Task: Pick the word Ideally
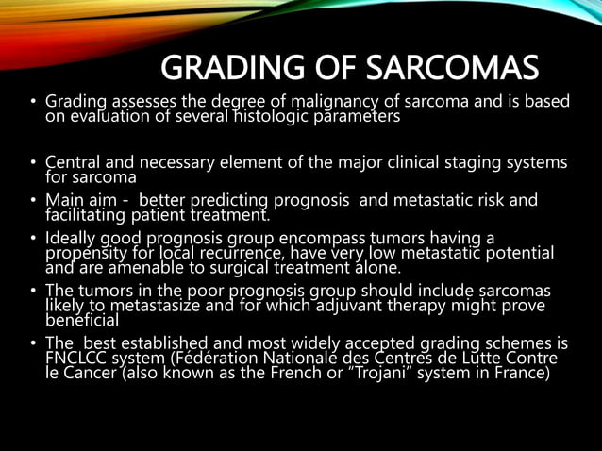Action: coord(72,238)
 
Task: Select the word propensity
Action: coord(89,253)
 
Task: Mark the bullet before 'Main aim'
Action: coord(32,200)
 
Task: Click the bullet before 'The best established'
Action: coord(32,343)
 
